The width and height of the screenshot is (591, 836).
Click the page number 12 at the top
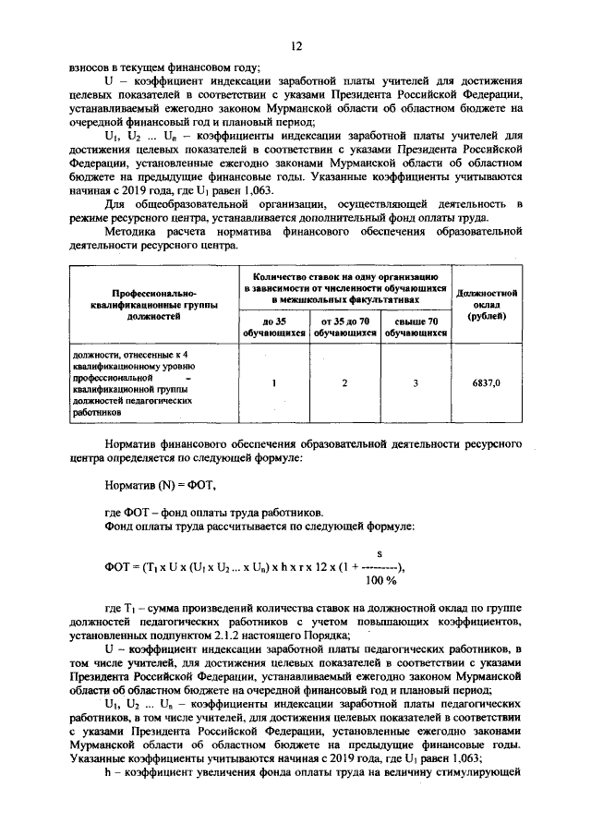296,45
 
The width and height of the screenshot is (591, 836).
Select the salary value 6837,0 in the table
484,382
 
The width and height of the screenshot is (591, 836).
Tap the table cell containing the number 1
274,382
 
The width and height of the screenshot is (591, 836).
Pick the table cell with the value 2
344,382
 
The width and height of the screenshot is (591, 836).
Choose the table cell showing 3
416,382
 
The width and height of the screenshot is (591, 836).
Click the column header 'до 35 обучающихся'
274,325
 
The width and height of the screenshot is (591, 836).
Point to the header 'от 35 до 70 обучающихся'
344,325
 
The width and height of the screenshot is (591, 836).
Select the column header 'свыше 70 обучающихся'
416,325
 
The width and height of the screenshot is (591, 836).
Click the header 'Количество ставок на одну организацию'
344,276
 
